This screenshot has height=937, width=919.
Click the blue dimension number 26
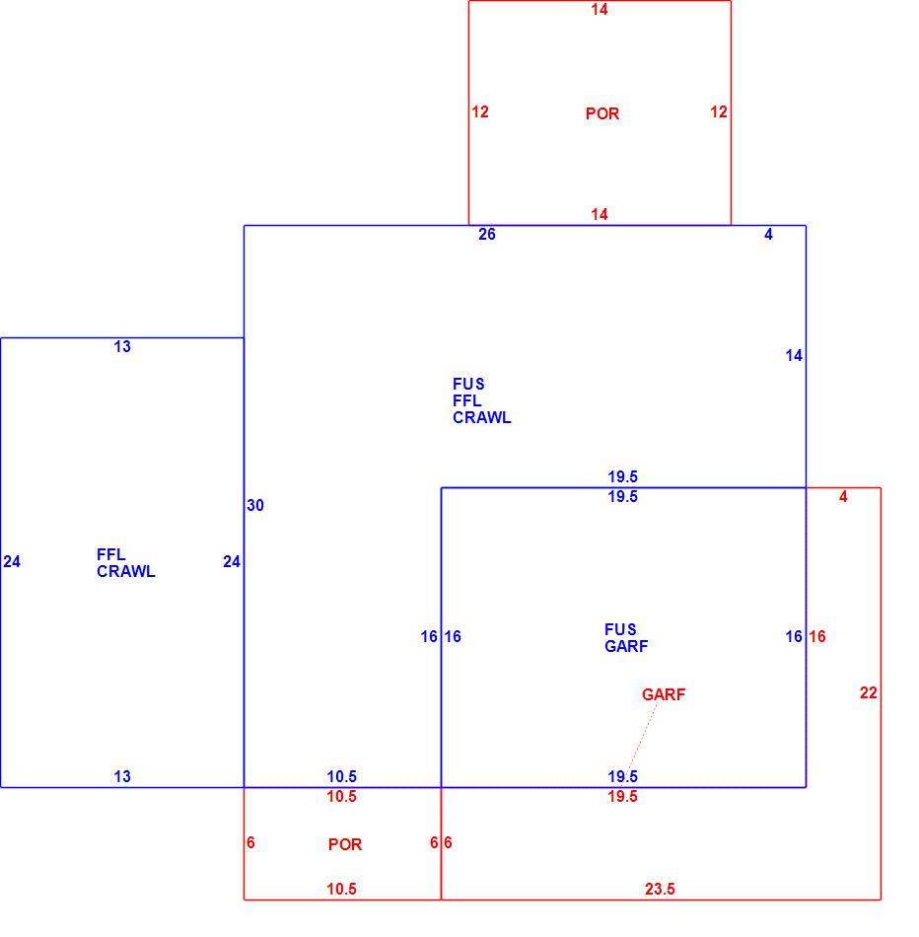click(x=487, y=235)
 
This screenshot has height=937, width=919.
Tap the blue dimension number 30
click(x=255, y=506)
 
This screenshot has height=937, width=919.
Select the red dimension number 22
click(x=868, y=692)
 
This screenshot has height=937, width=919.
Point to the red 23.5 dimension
click(x=660, y=890)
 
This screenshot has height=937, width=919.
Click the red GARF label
click(x=664, y=694)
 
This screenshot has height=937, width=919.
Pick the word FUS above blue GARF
click(x=620, y=630)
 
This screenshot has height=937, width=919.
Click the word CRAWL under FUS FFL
click(x=481, y=418)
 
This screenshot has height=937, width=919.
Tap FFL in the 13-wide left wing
click(x=111, y=554)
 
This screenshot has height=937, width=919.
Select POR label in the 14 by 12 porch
click(x=602, y=113)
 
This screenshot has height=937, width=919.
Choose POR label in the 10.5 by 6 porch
click(x=345, y=844)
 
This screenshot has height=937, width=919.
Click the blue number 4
click(x=768, y=235)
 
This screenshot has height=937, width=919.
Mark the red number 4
click(x=843, y=496)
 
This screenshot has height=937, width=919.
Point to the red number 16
click(x=817, y=636)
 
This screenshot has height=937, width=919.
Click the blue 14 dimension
click(x=794, y=355)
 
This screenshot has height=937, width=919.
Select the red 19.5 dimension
click(x=622, y=796)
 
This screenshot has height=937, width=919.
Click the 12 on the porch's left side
click(x=480, y=111)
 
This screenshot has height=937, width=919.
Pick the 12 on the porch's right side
click(x=719, y=111)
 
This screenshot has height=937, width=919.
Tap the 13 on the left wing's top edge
click(x=122, y=346)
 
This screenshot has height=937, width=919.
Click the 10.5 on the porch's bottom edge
click(x=342, y=890)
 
